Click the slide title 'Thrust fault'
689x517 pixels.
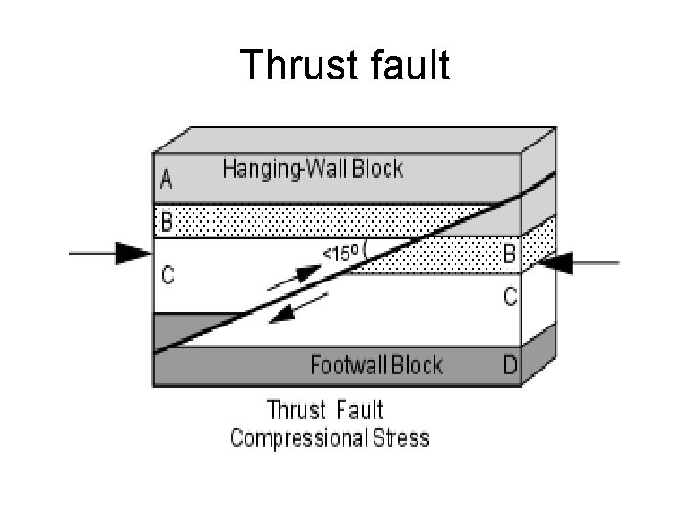(x=344, y=65)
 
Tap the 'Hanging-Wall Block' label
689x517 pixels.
(x=313, y=170)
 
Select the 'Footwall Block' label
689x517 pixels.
(x=377, y=365)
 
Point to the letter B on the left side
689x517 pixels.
(x=167, y=222)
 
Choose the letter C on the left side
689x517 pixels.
(x=167, y=277)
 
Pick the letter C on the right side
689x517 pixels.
(x=510, y=298)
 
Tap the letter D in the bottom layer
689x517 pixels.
(x=510, y=365)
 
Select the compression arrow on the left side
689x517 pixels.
(x=111, y=254)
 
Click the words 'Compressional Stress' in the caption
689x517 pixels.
(x=329, y=438)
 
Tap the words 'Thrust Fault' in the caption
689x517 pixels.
(x=324, y=411)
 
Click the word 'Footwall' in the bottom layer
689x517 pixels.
(x=346, y=365)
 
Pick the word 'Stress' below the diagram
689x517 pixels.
(x=399, y=438)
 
